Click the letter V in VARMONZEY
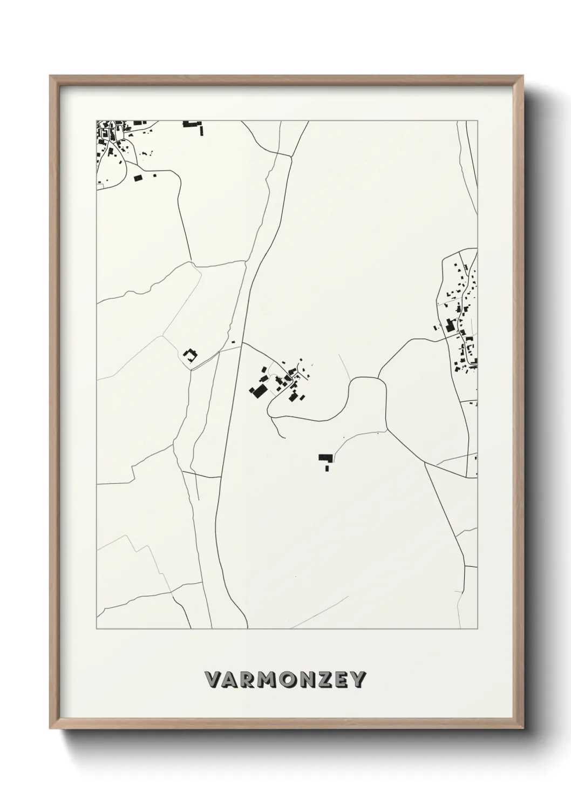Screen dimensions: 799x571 [x=213, y=680]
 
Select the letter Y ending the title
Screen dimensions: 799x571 [x=358, y=680]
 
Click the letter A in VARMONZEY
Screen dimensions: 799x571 [x=229, y=680]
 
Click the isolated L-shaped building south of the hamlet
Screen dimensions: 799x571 [x=325, y=458]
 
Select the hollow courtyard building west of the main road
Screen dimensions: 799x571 [x=189, y=355]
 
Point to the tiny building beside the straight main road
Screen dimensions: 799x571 [x=233, y=342]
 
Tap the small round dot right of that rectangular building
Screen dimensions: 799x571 [x=154, y=175]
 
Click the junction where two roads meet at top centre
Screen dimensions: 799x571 [x=277, y=154]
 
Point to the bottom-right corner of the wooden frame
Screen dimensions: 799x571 [x=525, y=729]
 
